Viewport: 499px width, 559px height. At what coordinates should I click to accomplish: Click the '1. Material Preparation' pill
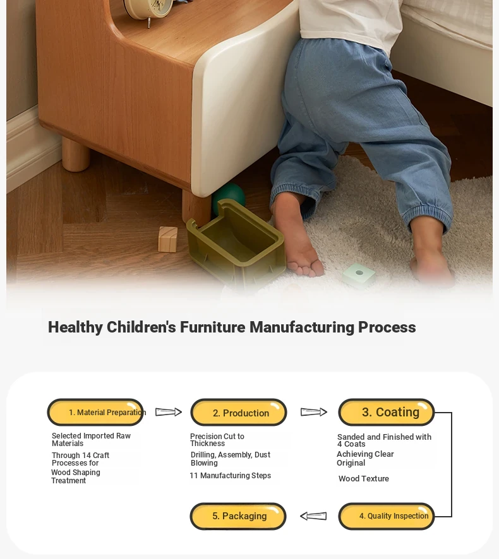[95, 412]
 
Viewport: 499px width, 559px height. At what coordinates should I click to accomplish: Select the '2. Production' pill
[238, 412]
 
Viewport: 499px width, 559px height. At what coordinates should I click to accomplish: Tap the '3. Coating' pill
[386, 412]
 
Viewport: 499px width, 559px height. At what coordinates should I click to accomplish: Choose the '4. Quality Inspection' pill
[386, 516]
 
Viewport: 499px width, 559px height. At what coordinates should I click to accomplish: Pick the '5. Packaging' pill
[238, 516]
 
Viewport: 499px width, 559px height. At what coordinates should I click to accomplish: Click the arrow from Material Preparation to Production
[169, 412]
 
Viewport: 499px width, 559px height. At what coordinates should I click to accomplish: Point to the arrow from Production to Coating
[314, 412]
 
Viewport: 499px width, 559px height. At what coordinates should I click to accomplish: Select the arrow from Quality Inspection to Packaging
[313, 516]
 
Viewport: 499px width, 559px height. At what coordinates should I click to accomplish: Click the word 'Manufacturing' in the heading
[302, 327]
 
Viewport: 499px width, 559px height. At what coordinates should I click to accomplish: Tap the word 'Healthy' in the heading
[75, 327]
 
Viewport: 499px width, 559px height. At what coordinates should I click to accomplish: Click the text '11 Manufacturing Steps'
[230, 476]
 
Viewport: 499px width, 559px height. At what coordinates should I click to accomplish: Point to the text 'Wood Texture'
[364, 479]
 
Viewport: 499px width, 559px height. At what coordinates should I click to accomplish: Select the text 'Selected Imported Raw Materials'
[91, 440]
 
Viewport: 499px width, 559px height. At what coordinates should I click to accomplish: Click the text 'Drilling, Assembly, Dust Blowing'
[230, 459]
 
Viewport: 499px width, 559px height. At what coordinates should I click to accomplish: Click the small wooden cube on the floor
[168, 239]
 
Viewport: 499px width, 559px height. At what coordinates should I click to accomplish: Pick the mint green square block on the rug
[358, 274]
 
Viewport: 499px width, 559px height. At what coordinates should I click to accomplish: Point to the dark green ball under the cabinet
[229, 197]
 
